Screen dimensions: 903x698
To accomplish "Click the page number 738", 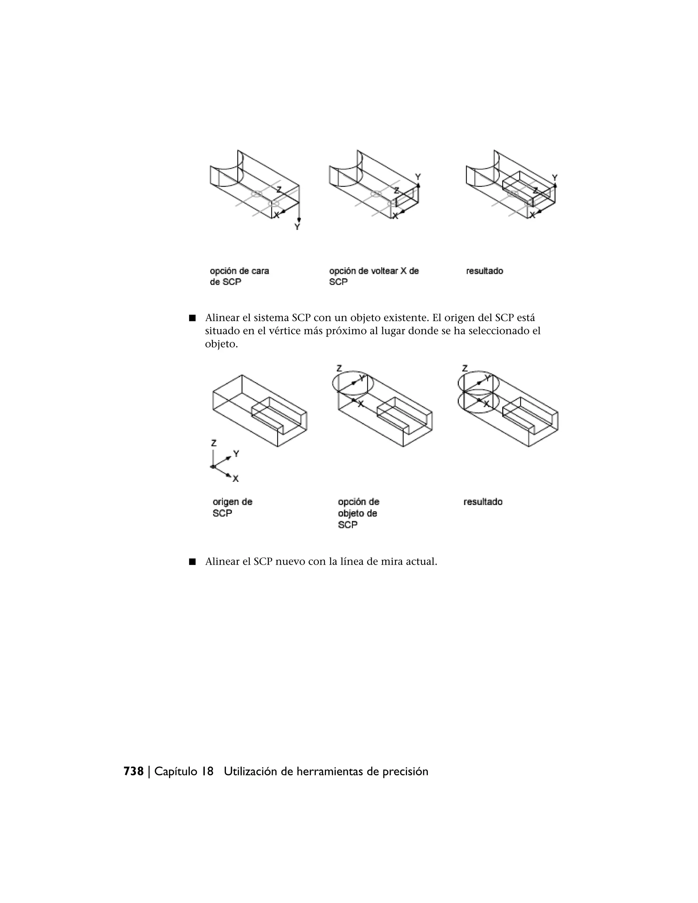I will click(133, 771).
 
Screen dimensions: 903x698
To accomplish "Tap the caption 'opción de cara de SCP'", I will click(239, 276).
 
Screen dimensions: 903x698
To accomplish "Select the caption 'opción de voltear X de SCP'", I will click(374, 276).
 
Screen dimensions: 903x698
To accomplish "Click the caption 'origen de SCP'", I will click(232, 507).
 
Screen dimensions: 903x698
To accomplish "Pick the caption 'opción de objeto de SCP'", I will click(358, 513).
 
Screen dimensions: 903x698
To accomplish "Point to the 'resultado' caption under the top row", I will click(484, 271).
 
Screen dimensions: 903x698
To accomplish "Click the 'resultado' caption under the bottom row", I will click(483, 502).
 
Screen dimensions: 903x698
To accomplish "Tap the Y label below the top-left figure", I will click(297, 227).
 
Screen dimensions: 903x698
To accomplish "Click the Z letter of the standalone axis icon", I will click(213, 443).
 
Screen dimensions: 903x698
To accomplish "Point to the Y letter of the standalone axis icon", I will click(236, 454).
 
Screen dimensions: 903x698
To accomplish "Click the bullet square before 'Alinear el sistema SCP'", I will click(192, 318).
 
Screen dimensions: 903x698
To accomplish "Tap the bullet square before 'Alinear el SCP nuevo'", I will click(192, 562).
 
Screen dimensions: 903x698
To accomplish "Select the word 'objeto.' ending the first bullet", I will click(221, 344).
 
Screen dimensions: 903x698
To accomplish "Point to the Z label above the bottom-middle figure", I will click(339, 368).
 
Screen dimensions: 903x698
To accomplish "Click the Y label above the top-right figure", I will click(555, 178).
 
